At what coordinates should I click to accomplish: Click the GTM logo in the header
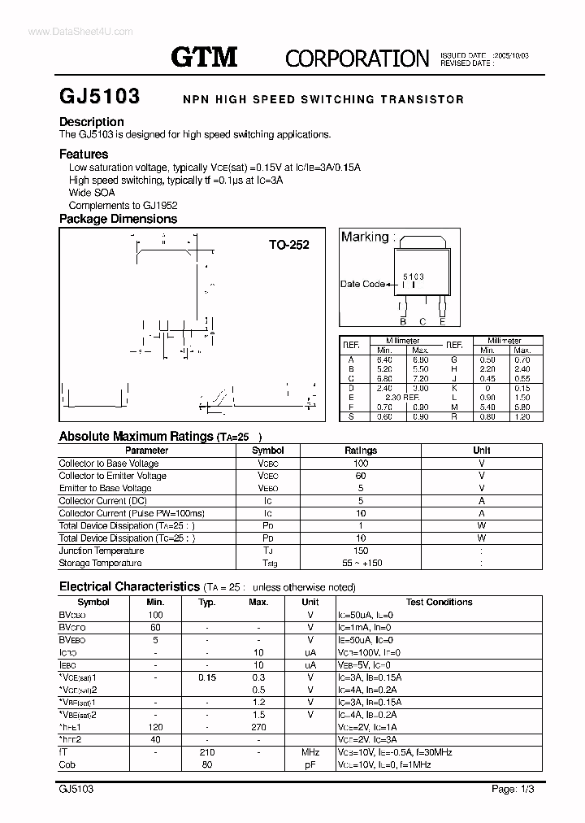[203, 56]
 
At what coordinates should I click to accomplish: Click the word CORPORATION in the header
[357, 58]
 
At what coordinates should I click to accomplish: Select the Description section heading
[92, 122]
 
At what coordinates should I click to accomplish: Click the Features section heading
[84, 154]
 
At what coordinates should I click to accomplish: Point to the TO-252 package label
[289, 244]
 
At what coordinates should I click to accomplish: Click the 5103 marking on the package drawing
[414, 277]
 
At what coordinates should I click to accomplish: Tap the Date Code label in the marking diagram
[362, 285]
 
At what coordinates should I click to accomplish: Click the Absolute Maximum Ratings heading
[136, 437]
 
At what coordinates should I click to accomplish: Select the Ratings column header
[361, 451]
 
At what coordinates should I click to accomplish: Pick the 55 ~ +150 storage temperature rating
[361, 563]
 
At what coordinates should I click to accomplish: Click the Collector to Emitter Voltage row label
[112, 476]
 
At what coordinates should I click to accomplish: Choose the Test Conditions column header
[439, 603]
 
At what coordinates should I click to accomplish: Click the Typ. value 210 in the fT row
[206, 752]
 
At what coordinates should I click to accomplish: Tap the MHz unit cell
[310, 752]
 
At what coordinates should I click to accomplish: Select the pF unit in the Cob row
[310, 764]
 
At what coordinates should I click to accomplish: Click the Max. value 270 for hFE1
[258, 727]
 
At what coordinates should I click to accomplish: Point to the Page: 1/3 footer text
[513, 790]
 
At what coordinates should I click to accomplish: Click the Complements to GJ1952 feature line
[123, 206]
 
